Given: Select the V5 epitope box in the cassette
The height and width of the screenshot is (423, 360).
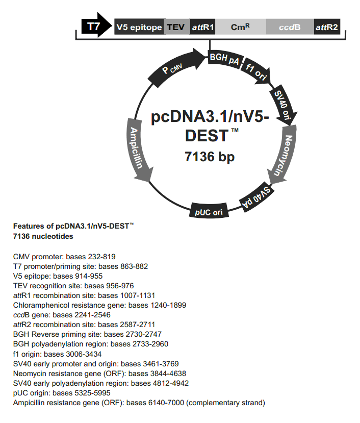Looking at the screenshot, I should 139,27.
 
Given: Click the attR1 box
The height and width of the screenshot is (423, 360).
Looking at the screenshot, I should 202,27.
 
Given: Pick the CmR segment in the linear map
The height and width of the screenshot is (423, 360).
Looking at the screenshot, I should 240,27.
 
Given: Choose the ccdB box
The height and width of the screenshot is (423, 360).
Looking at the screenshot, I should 289,27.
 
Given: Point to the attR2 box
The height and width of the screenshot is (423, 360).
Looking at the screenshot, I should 327,27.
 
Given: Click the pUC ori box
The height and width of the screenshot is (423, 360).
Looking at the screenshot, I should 208,210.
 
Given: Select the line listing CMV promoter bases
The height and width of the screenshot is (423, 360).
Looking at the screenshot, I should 67,256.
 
